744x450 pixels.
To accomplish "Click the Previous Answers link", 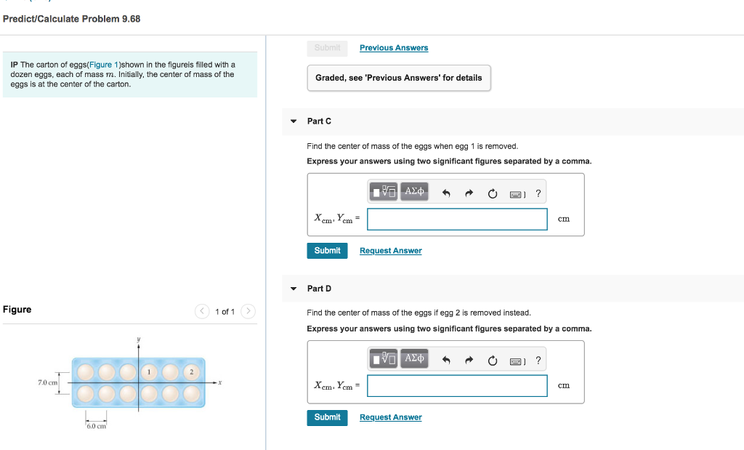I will [394, 48].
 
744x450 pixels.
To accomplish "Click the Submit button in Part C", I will [327, 250].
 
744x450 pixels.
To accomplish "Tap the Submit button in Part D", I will [327, 417].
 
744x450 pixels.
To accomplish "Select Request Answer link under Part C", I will [390, 251].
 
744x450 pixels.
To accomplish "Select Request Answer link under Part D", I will [390, 417].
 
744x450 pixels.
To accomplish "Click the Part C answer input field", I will [457, 219].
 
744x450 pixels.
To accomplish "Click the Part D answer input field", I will [457, 385].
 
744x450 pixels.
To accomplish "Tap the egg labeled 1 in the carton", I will [150, 372].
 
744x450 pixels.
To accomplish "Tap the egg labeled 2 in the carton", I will [192, 372].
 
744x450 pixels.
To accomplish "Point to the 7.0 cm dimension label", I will [48, 382].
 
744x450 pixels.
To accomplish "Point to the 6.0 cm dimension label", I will [96, 426].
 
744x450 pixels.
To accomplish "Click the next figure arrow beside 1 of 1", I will [248, 312].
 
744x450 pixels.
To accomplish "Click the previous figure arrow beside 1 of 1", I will [203, 312].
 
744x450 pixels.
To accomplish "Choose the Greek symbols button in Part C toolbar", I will [414, 192].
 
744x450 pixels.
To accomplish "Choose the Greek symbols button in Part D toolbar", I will [414, 358].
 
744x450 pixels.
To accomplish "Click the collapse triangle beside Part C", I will [294, 121].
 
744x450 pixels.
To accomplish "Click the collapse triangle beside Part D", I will [294, 289].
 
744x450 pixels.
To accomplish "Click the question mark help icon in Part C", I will [538, 193].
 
